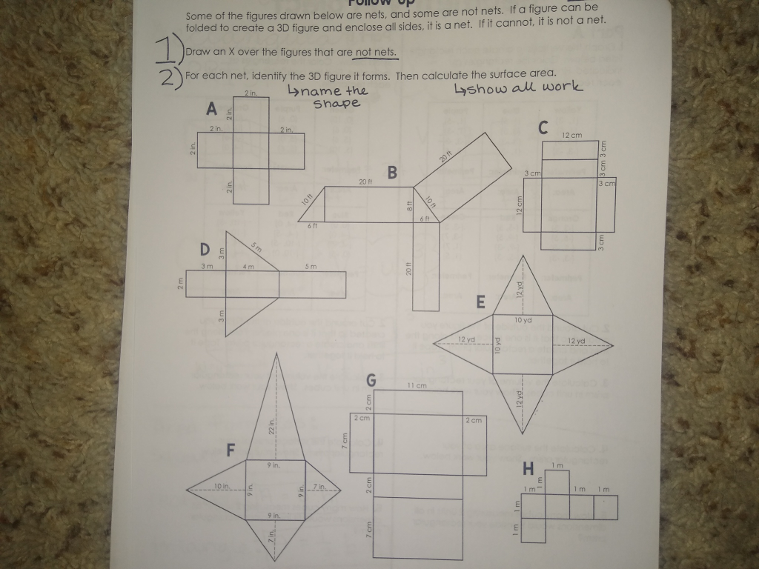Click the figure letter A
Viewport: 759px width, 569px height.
pos(212,110)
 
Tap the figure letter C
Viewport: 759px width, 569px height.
pos(543,128)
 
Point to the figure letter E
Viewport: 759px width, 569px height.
pos(480,302)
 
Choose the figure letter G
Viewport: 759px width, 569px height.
pos(371,381)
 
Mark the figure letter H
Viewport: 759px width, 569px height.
pos(528,468)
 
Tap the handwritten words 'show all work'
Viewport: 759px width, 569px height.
pos(519,88)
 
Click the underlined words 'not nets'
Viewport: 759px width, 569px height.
pos(376,53)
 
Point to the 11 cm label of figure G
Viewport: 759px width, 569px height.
pos(416,386)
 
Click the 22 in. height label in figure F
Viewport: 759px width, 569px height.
pos(272,426)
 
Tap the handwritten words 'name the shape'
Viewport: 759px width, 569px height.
pos(327,96)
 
